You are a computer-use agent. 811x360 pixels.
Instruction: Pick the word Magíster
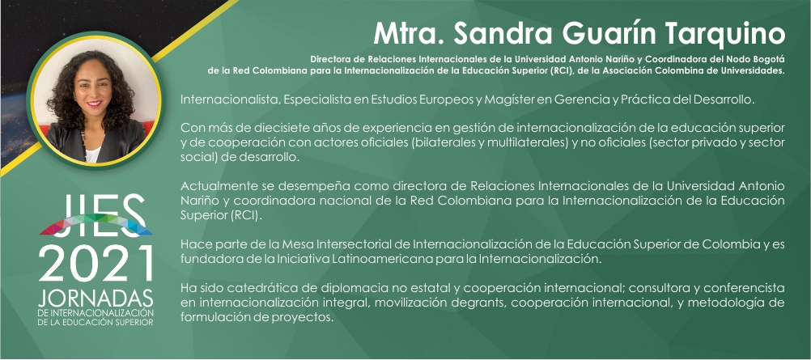pyautogui.click(x=507, y=100)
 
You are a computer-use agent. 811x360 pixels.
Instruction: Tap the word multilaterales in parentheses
pyautogui.click(x=528, y=142)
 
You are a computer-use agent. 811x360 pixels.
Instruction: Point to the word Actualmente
pyautogui.click(x=214, y=185)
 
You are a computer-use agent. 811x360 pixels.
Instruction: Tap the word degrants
pyautogui.click(x=486, y=303)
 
